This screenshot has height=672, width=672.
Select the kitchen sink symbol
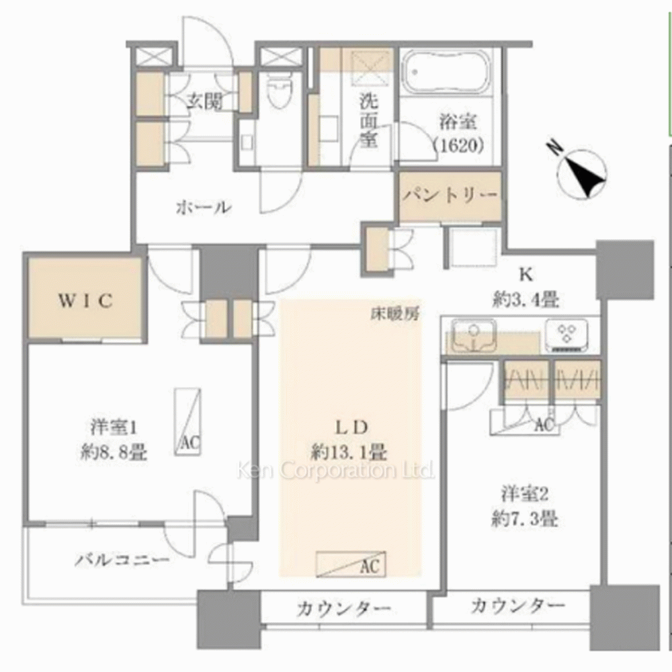(x=474, y=334)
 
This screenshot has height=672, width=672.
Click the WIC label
(x=86, y=301)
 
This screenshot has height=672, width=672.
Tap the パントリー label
(x=450, y=196)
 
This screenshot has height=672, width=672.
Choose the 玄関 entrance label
(x=204, y=101)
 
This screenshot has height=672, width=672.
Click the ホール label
(x=204, y=208)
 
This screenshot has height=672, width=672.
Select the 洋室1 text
(x=113, y=427)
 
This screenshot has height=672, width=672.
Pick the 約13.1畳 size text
(x=349, y=452)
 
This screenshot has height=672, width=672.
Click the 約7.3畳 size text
(x=525, y=520)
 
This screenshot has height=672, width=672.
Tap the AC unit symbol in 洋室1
(x=187, y=421)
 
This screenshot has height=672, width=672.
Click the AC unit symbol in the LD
(x=351, y=564)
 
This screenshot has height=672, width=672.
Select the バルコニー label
(x=122, y=560)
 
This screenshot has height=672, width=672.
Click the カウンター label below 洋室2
(x=517, y=606)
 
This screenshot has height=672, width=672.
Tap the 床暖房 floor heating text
(x=395, y=314)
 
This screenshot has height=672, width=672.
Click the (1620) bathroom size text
(x=458, y=146)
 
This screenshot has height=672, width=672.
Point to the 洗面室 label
(x=369, y=120)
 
